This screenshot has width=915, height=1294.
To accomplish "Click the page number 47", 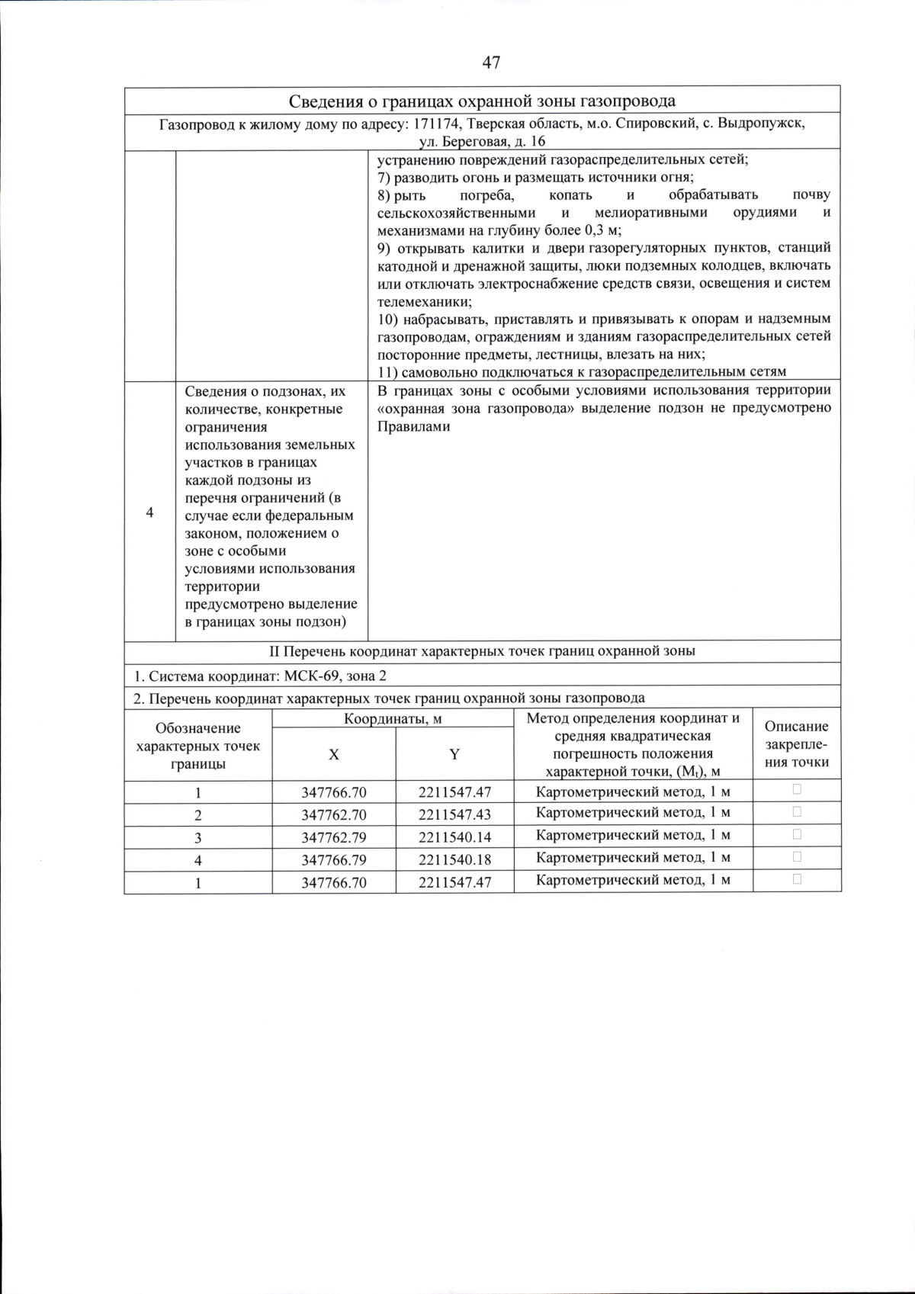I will (491, 63).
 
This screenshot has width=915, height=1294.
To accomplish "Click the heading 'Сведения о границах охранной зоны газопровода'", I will (482, 101).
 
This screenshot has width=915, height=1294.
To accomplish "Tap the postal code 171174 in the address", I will (438, 124).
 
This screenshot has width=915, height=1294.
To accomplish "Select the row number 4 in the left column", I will (149, 512).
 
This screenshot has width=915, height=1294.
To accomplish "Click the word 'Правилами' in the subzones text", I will (413, 426).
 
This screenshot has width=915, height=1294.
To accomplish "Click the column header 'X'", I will (333, 754).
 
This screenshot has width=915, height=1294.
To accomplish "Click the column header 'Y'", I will (454, 754).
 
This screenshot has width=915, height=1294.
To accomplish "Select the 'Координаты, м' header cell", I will (392, 719).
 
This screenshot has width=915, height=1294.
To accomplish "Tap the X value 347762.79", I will (333, 837).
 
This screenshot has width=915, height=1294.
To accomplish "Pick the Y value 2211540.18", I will (454, 860).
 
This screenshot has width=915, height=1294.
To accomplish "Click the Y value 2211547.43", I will (454, 814).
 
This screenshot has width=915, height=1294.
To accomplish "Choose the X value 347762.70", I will (333, 814).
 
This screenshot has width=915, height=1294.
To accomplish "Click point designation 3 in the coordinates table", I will (198, 837).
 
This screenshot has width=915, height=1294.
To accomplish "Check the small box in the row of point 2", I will (797, 812).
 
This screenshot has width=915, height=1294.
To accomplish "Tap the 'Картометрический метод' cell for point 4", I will (633, 858).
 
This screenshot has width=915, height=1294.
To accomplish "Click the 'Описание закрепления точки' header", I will (796, 744).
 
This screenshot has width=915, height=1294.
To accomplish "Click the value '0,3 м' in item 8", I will (602, 230).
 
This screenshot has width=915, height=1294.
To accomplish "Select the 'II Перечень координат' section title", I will (482, 651).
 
